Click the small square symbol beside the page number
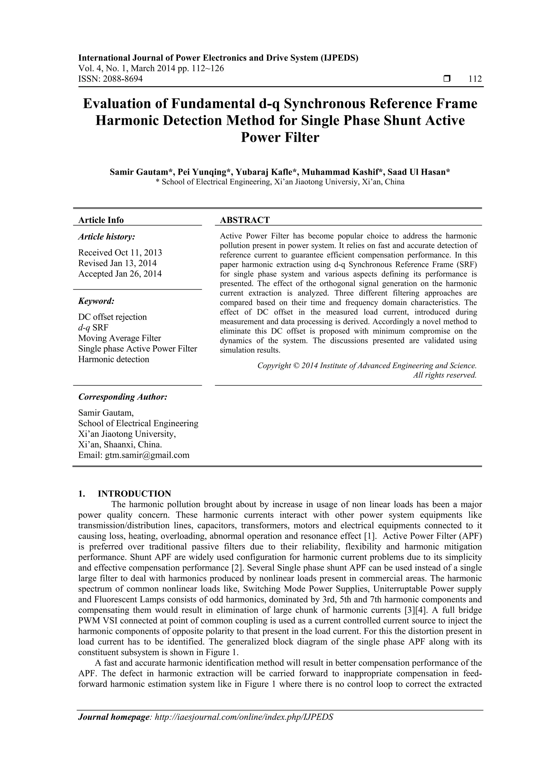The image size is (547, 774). click(447, 79)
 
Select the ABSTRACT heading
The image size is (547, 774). click(245, 220)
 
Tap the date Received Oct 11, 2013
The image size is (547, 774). click(120, 252)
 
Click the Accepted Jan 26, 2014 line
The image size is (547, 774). click(120, 274)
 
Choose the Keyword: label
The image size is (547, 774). click(96, 301)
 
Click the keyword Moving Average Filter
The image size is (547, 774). click(120, 338)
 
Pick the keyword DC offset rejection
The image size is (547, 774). click(112, 317)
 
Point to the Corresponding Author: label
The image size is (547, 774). click(123, 397)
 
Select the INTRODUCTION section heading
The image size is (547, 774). click(134, 494)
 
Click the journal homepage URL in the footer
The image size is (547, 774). click(244, 726)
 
